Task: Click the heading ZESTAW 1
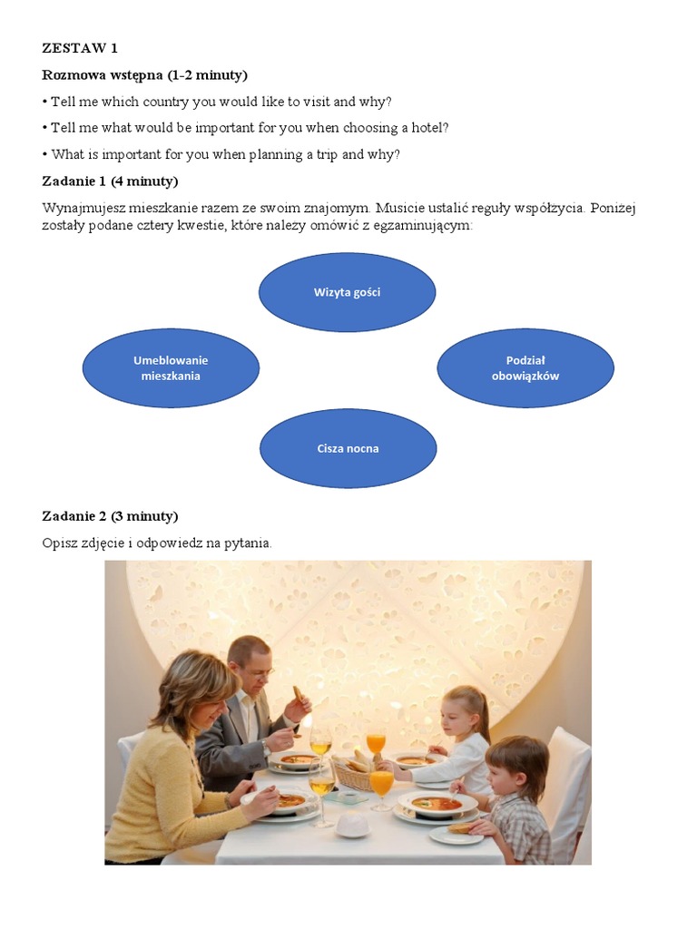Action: pos(80,48)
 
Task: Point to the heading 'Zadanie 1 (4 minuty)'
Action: pos(110,181)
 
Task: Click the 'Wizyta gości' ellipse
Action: pos(348,292)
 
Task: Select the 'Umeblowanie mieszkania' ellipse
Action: pos(171,367)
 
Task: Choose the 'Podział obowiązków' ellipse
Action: pos(525,367)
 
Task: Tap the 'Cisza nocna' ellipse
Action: pos(348,448)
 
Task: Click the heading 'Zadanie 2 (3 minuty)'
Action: pos(110,516)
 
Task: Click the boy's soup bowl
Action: pos(436,803)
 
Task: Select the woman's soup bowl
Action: pos(290,800)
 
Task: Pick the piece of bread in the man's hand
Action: pos(299,695)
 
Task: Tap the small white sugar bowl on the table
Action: pos(352,825)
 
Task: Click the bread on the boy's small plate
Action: pos(460,827)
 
